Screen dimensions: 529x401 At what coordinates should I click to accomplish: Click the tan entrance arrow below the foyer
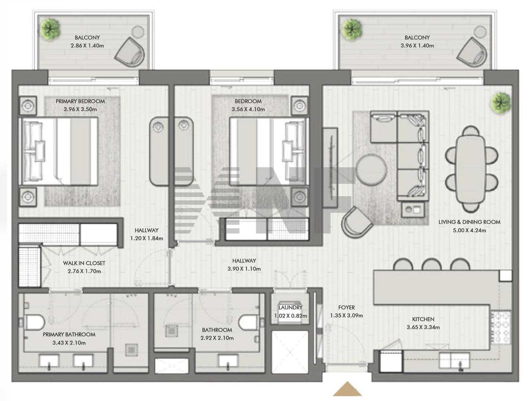(x=347, y=389)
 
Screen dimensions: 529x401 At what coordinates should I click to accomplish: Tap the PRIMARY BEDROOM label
(x=80, y=102)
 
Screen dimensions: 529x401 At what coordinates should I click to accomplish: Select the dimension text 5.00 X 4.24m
(x=469, y=230)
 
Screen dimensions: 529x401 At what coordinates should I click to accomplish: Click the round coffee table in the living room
(x=372, y=170)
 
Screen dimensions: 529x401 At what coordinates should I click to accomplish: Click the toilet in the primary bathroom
(x=34, y=322)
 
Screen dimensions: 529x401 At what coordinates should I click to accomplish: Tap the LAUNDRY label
(x=290, y=307)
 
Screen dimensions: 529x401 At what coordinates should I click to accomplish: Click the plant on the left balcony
(x=50, y=29)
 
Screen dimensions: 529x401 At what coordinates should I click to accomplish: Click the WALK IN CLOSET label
(x=84, y=263)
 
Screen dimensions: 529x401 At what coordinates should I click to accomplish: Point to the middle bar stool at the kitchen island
(x=431, y=264)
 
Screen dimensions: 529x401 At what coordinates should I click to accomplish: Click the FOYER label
(x=347, y=307)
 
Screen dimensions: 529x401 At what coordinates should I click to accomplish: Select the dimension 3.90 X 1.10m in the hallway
(x=244, y=269)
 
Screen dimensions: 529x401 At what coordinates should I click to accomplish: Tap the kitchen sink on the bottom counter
(x=454, y=361)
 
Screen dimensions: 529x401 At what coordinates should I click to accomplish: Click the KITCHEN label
(x=423, y=319)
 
